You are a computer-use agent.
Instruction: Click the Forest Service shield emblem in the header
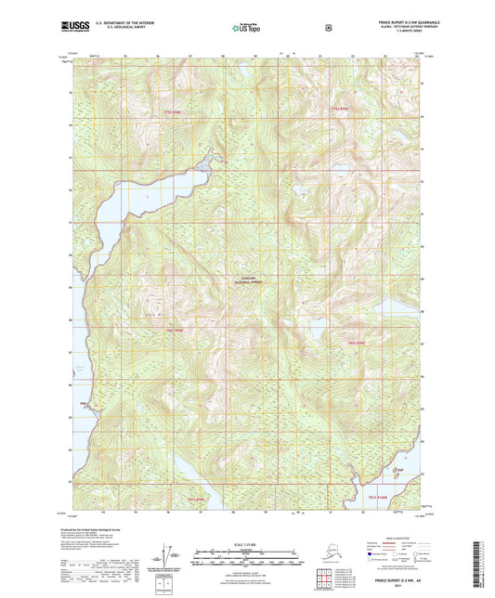coord(328,28)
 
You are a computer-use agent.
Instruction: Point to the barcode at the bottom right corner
coord(479,565)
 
